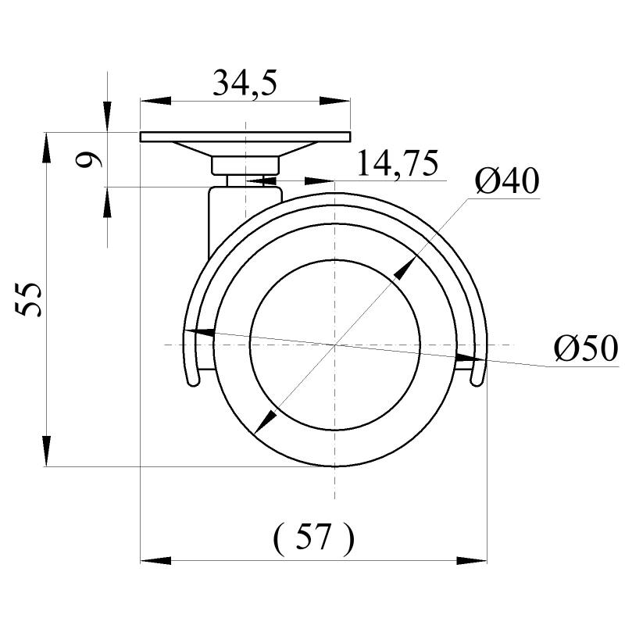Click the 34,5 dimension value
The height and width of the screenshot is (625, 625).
[245, 84]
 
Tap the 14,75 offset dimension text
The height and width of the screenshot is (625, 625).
[398, 164]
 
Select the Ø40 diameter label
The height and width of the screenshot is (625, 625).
[507, 182]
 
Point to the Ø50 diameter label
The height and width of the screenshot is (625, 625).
[585, 348]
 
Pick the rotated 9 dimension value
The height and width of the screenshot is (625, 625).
[92, 159]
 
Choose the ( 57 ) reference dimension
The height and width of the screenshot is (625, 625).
[314, 539]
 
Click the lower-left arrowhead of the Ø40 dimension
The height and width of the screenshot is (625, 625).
[266, 421]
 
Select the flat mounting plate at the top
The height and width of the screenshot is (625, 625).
[245, 137]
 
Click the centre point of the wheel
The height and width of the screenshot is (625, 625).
[335, 345]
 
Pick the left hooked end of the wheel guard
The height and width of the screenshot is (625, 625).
[192, 376]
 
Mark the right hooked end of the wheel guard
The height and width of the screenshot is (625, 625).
[477, 376]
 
